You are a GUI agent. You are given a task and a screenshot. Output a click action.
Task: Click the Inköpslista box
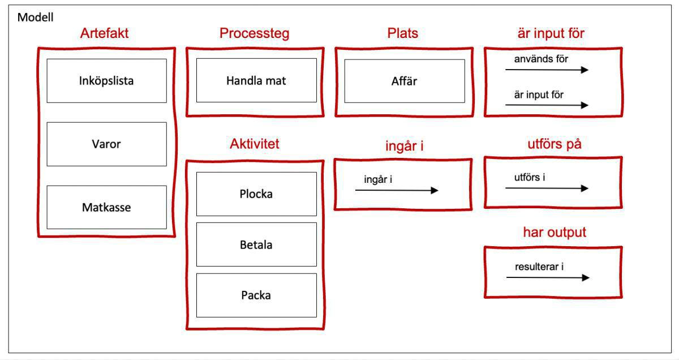(x=106, y=81)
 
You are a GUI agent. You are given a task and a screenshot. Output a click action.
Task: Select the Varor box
(x=106, y=144)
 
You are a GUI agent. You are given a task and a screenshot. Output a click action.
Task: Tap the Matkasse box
(x=106, y=208)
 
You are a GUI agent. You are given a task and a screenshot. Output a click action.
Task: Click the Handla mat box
(x=256, y=81)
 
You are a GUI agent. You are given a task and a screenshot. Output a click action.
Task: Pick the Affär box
(x=404, y=81)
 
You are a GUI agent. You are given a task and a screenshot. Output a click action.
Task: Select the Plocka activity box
(x=256, y=194)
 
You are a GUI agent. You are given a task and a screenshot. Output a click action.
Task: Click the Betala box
(x=256, y=245)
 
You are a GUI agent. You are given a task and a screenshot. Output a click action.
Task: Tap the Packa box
(x=256, y=295)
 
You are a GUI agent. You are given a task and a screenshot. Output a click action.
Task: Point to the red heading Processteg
(x=254, y=33)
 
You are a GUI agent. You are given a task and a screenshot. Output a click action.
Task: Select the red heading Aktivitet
(x=254, y=144)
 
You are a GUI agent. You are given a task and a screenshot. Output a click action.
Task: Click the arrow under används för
(x=547, y=70)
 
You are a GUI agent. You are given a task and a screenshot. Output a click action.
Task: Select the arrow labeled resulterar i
(x=547, y=278)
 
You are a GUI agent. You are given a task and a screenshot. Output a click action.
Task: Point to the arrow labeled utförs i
(x=547, y=188)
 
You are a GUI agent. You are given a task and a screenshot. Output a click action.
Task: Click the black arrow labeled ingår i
(x=396, y=191)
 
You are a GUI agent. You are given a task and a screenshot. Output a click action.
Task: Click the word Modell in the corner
(x=36, y=18)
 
